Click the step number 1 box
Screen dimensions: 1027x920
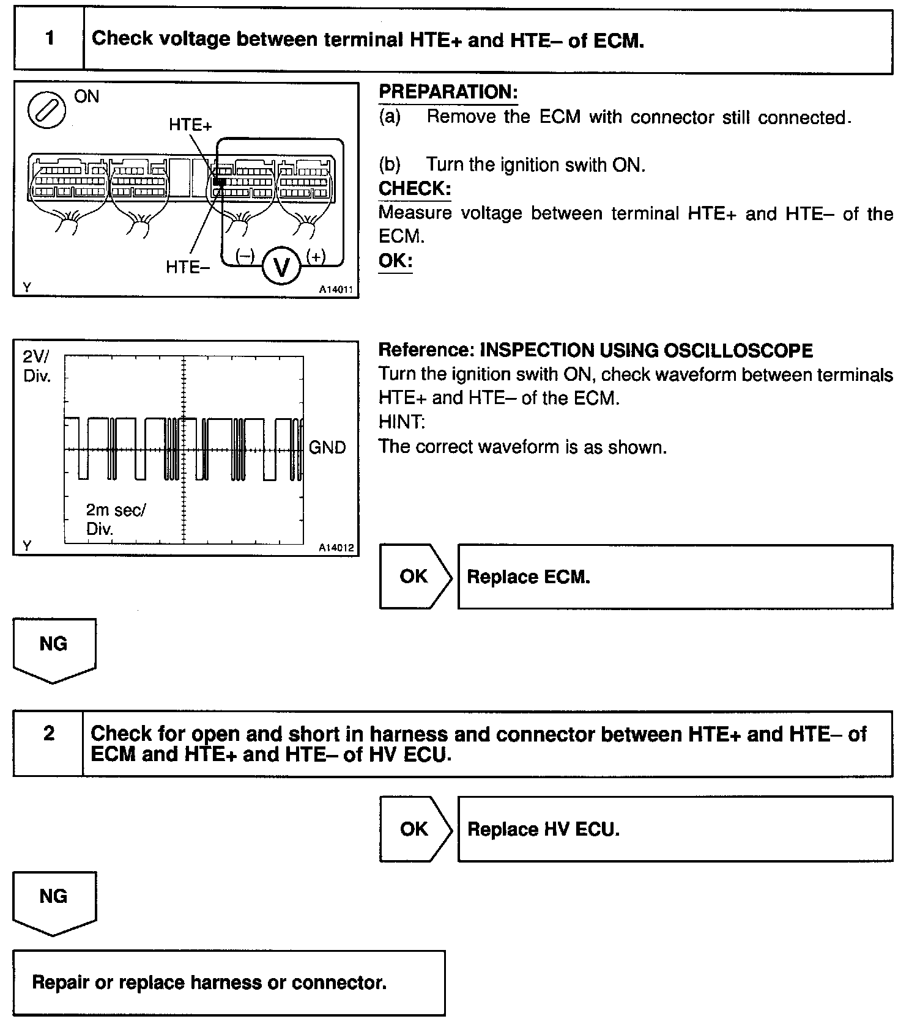49,40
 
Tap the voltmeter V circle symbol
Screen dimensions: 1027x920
281,267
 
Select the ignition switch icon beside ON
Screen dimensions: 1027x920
47,110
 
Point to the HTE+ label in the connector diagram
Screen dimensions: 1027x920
190,125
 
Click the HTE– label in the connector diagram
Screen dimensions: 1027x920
188,267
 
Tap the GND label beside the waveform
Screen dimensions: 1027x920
327,447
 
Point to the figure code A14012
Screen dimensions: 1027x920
336,548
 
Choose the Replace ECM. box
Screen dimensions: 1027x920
675,577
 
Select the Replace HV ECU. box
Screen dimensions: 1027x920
675,829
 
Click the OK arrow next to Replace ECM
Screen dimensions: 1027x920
415,576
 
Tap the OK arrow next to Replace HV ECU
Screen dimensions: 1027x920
415,829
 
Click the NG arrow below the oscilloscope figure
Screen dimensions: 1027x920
54,648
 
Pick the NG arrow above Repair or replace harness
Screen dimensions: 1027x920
54,900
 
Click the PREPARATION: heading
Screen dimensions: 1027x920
448,92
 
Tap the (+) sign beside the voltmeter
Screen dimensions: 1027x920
316,256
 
